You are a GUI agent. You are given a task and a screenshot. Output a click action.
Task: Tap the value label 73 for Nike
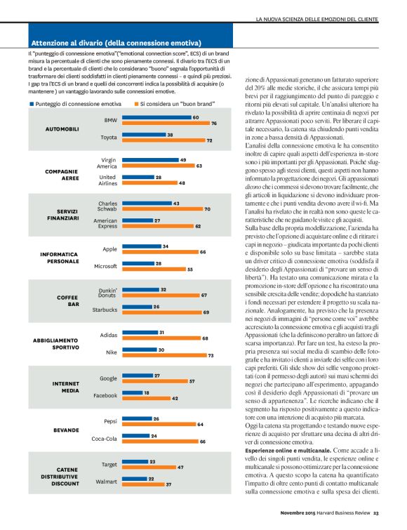pos(210,355)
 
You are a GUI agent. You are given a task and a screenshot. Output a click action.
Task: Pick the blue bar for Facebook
pos(131,394)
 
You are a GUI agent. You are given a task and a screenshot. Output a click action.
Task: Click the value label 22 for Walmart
pos(151,479)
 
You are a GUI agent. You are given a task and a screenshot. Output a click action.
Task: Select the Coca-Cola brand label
pos(102,440)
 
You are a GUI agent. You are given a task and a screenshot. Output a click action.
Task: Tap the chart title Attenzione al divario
pos(116,42)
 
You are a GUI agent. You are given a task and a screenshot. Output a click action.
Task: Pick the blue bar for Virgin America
pos(148,161)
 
